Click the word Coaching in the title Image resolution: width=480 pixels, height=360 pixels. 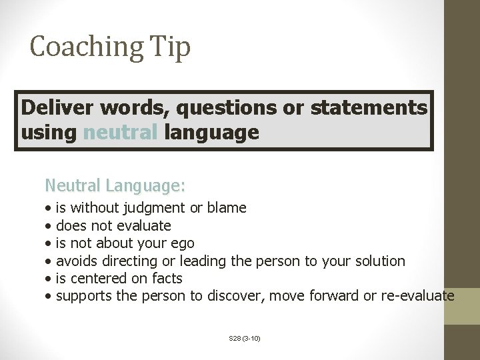[86, 47]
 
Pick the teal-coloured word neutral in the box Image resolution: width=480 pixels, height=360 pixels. [120, 132]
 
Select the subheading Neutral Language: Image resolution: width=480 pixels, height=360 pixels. [115, 183]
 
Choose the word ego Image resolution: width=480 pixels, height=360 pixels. [183, 243]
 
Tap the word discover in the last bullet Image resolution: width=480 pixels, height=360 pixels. [237, 295]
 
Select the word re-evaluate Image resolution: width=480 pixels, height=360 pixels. [418, 295]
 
